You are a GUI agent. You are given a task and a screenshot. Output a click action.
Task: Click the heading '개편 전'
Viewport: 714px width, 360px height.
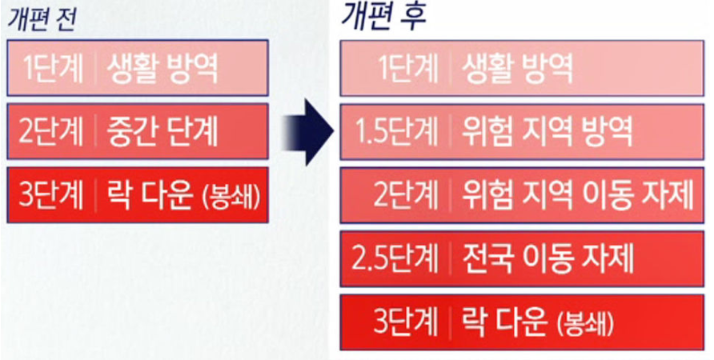pos(41,18)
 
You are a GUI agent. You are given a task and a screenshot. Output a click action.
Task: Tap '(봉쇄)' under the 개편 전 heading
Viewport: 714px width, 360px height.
pos(231,197)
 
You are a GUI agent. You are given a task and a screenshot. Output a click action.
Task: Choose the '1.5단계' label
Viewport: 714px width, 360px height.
pos(395,132)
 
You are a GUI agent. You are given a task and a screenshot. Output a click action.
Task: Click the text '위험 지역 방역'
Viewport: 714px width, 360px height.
pos(548,132)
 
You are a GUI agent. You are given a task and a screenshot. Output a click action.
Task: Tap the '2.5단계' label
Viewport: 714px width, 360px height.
pos(395,258)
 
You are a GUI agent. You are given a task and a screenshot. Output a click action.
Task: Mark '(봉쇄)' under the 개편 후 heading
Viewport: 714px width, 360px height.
pos(582,323)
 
